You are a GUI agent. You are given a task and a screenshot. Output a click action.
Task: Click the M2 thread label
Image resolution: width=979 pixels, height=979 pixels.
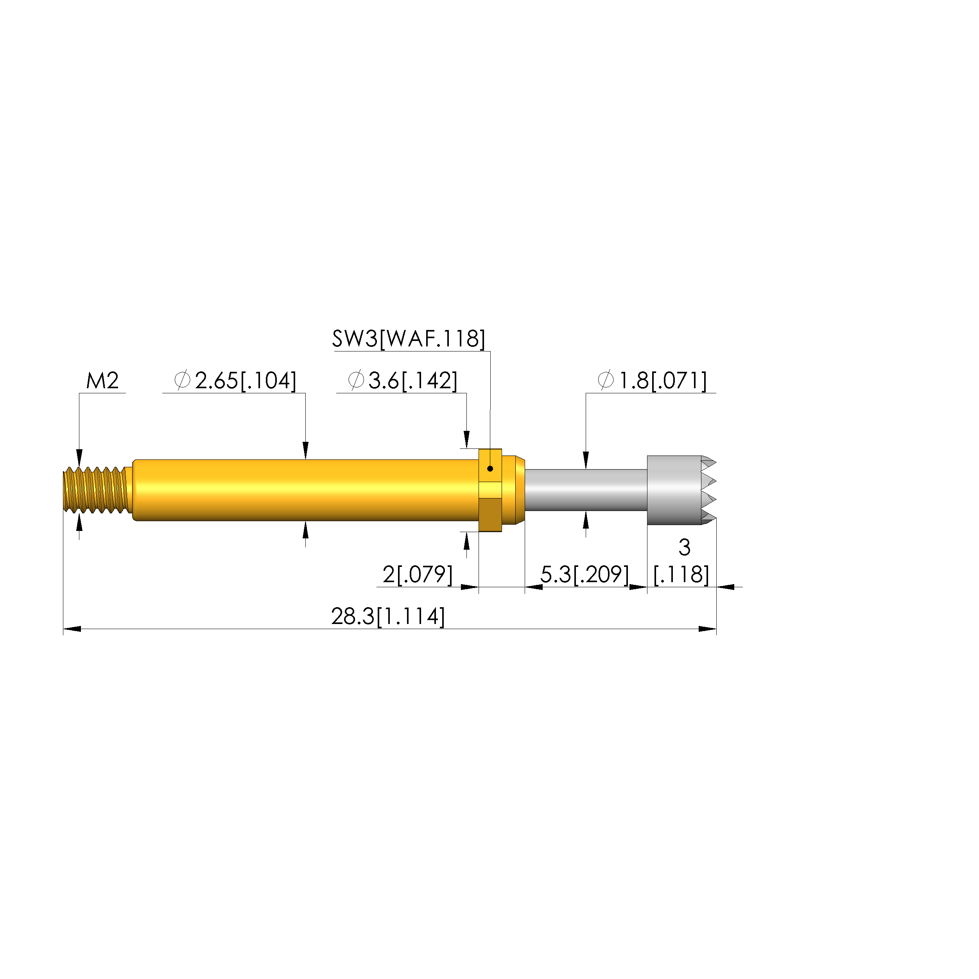coord(102,380)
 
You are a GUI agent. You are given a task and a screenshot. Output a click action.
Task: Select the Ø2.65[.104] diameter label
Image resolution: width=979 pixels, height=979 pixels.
coord(235,380)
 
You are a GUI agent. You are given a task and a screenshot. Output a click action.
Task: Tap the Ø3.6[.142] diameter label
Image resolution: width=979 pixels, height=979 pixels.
coord(403,380)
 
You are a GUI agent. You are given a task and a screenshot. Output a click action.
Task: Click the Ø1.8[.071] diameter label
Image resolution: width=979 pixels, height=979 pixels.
coord(652,380)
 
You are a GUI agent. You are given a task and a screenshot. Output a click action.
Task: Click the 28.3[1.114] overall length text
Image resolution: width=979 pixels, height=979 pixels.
coord(388,617)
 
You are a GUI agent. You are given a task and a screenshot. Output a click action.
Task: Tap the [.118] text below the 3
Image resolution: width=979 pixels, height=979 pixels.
coord(681,575)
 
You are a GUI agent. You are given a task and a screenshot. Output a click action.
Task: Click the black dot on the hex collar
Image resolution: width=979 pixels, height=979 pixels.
coord(490,469)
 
